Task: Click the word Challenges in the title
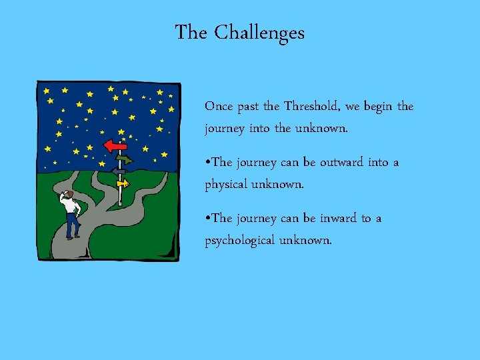click(259, 33)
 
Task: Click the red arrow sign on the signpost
click(115, 146)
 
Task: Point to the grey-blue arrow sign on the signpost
click(119, 171)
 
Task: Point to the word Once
click(219, 106)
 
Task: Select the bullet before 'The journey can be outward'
click(207, 163)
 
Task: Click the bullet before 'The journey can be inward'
click(207, 219)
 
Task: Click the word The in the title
click(191, 33)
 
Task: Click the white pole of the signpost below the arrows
click(120, 194)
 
